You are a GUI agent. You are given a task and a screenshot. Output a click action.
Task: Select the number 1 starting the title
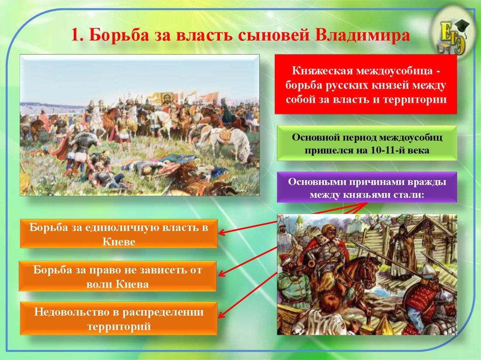(x=75, y=36)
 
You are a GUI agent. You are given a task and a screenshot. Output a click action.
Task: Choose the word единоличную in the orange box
(x=134, y=227)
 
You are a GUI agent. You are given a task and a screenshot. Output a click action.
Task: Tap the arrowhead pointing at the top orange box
(x=222, y=232)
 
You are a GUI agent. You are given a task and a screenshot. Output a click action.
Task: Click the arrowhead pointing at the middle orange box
(x=222, y=276)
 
